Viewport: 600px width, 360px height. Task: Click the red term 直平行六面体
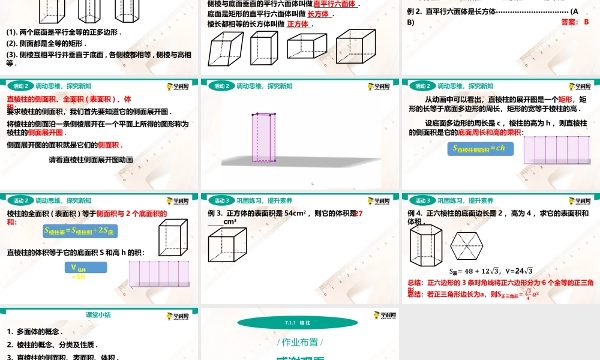[335, 4]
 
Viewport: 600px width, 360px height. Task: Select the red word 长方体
[318, 14]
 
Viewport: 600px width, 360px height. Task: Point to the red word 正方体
[298, 25]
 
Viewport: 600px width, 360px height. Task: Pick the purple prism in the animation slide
[265, 137]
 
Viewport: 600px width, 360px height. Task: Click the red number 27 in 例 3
[359, 213]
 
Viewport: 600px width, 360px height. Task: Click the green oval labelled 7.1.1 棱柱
[298, 323]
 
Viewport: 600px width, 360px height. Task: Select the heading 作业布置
[299, 343]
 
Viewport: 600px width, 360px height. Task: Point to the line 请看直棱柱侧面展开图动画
[91, 160]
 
